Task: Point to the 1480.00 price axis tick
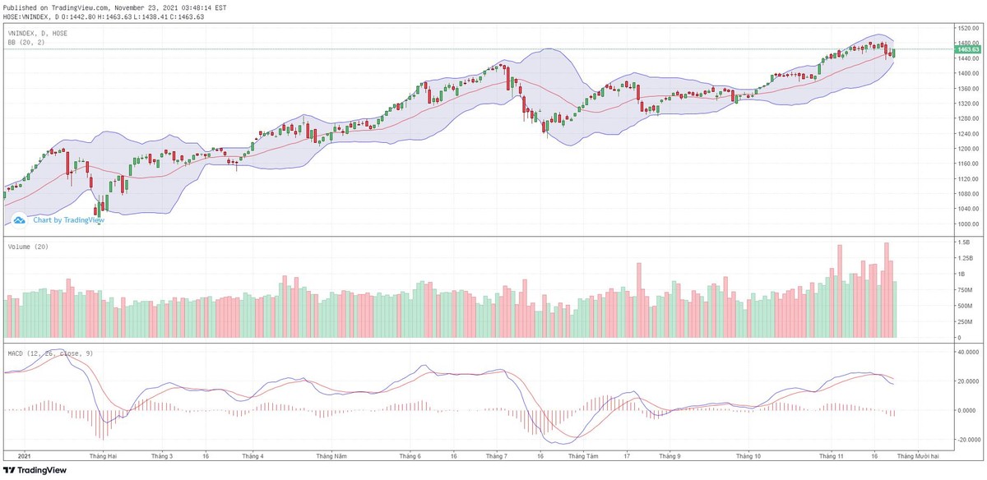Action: pyautogui.click(x=967, y=43)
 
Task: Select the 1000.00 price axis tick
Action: pyautogui.click(x=967, y=224)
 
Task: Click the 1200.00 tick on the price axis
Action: pyautogui.click(x=967, y=149)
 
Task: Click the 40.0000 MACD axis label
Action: pyautogui.click(x=968, y=351)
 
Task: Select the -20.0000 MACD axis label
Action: pyautogui.click(x=968, y=440)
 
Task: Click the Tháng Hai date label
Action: pyautogui.click(x=104, y=455)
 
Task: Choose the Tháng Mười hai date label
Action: pyautogui.click(x=918, y=455)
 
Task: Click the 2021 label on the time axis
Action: pyautogui.click(x=24, y=455)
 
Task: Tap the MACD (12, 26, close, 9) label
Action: pyautogui.click(x=49, y=353)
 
